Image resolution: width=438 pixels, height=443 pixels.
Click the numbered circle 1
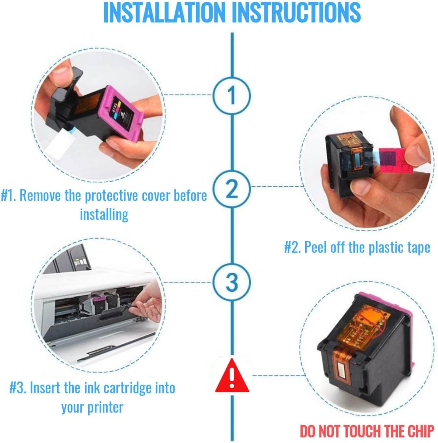coord(232,95)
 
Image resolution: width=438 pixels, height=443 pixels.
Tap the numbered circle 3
coord(232,282)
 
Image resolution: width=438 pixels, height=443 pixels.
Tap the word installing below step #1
coord(104,215)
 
